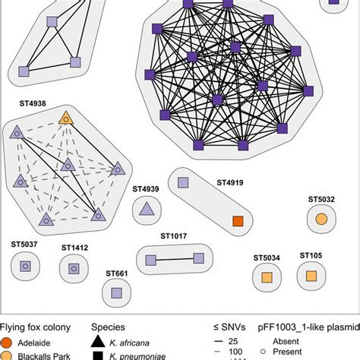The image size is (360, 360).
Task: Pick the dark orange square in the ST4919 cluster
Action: [x=238, y=221]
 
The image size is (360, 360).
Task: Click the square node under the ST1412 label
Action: [x=74, y=267]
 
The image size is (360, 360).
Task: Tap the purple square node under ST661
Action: [x=116, y=292]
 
